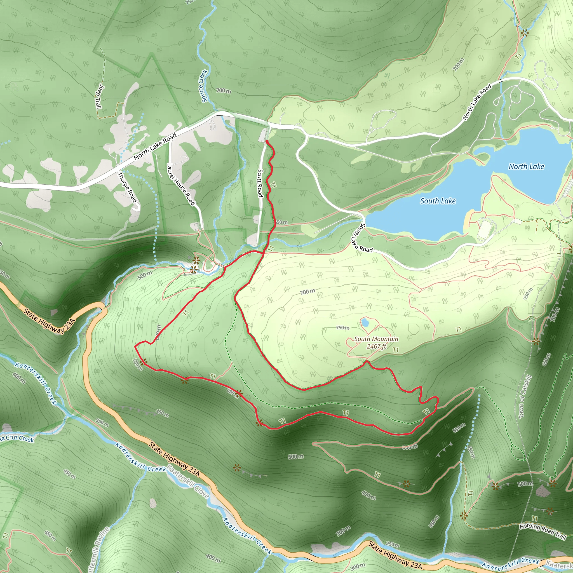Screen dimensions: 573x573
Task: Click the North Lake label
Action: coord(526,167)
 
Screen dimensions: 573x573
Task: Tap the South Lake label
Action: coord(438,201)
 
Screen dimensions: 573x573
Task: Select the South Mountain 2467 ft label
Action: coord(376,342)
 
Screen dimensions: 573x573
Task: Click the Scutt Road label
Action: coord(260,183)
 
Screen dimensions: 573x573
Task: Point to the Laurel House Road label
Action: coord(181,184)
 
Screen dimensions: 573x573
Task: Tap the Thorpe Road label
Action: coord(128,187)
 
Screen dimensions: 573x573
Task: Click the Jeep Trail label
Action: coord(99,97)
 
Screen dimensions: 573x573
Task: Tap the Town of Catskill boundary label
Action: coord(525,397)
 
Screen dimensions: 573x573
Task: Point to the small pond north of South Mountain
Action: coord(365,322)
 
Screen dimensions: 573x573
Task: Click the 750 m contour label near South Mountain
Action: coord(342,328)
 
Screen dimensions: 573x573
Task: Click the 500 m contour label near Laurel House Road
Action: coord(145,275)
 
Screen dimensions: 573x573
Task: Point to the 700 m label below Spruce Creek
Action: coord(224,90)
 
